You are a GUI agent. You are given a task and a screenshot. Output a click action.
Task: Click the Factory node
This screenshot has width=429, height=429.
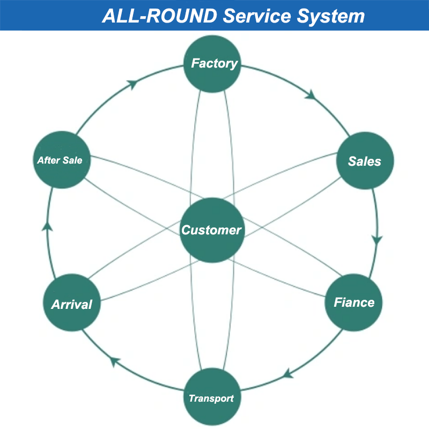pyautogui.click(x=212, y=64)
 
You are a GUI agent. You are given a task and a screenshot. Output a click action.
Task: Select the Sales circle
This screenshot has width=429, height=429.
pyautogui.click(x=365, y=160)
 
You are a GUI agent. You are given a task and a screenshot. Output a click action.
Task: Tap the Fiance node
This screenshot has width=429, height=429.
pyautogui.click(x=353, y=302)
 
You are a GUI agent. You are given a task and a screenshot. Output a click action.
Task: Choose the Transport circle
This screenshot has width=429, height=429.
pyautogui.click(x=212, y=397)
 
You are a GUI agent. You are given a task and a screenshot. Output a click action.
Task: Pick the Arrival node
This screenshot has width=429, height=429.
pyautogui.click(x=72, y=302)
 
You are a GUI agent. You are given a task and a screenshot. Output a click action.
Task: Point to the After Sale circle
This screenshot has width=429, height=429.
pyautogui.click(x=62, y=160)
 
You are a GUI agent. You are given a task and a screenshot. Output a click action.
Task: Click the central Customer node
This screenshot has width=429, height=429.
pyautogui.click(x=212, y=230)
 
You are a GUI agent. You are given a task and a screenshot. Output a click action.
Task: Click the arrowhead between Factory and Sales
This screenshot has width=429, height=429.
pyautogui.click(x=311, y=95)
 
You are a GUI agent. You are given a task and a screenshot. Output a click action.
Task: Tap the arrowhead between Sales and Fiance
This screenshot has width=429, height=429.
pyautogui.click(x=377, y=240)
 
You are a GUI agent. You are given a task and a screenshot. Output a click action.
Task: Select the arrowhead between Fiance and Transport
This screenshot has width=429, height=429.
pyautogui.click(x=287, y=374)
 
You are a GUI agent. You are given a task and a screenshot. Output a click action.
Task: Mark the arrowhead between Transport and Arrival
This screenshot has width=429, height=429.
pyautogui.click(x=115, y=361)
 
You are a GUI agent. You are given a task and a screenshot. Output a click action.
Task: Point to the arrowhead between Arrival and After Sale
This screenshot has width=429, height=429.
pyautogui.click(x=47, y=226)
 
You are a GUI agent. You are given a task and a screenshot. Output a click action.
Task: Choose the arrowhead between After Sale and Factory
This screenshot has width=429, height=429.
pyautogui.click(x=132, y=84)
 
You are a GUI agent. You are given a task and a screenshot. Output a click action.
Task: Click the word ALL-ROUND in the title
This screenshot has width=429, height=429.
pyautogui.click(x=159, y=16)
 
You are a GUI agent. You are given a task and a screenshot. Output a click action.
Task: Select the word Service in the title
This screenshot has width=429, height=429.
pyautogui.click(x=257, y=16)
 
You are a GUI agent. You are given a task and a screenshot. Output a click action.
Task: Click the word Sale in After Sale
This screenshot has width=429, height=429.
pyautogui.click(x=72, y=160)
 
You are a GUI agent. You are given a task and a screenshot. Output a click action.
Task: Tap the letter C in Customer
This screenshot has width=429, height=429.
pyautogui.click(x=187, y=230)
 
